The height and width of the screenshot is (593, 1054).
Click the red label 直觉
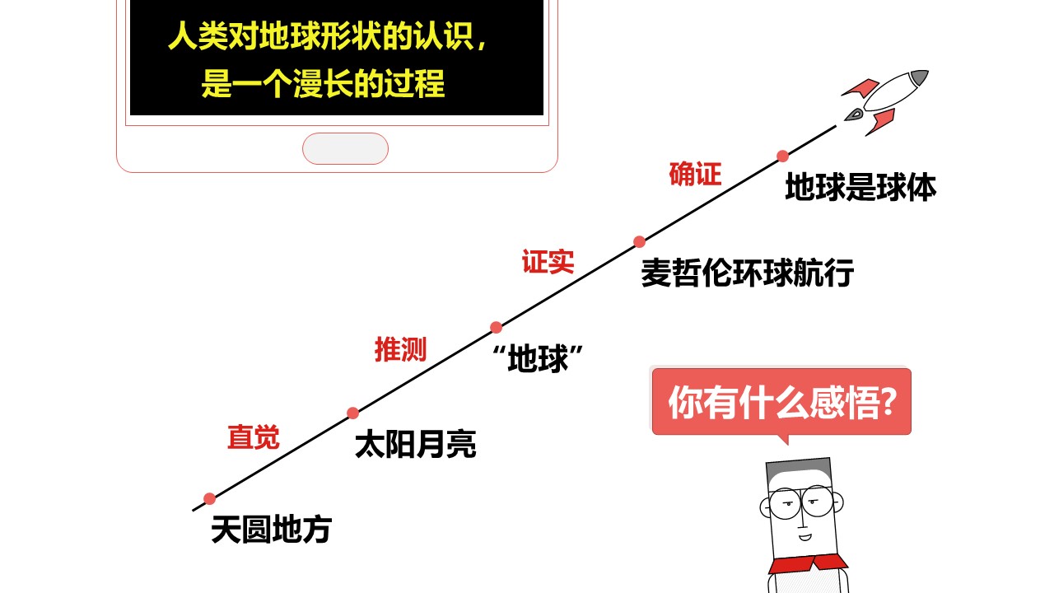[254, 437]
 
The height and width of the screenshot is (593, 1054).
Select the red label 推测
[400, 349]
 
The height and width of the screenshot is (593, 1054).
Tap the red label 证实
[548, 261]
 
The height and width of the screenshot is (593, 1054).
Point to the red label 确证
[695, 174]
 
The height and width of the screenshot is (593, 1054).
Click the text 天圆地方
[272, 530]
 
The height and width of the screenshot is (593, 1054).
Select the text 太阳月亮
[416, 444]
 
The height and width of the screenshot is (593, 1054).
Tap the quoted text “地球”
[538, 358]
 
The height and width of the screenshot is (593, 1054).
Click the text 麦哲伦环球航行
[747, 273]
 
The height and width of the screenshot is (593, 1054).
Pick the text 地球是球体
[860, 187]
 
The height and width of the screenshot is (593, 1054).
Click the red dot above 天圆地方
[209, 499]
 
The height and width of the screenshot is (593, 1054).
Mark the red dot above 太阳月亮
[353, 413]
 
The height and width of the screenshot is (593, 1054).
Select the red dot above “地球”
[496, 327]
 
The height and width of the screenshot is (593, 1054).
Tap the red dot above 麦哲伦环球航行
[639, 242]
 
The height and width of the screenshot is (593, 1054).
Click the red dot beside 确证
[782, 156]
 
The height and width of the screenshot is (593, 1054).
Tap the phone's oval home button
[345, 149]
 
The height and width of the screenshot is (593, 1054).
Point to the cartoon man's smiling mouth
[804, 537]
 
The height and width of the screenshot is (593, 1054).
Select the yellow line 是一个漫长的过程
[324, 84]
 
